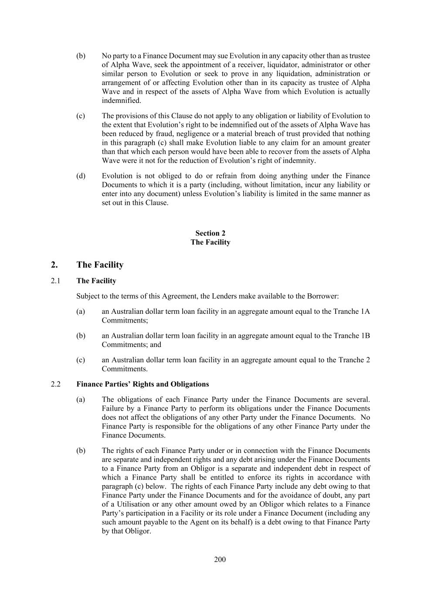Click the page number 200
point(220,559)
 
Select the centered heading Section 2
point(210,233)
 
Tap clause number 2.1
point(55,281)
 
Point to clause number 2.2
point(55,384)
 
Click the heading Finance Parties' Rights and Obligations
point(143,384)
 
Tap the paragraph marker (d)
point(81,176)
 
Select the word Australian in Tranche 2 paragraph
point(129,360)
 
